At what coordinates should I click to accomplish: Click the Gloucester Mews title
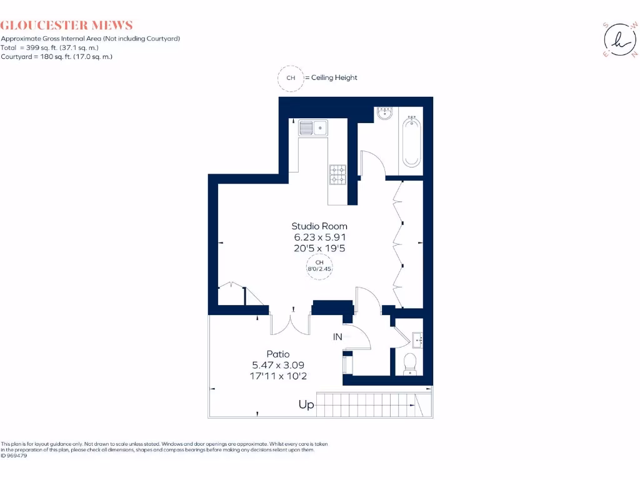point(67,26)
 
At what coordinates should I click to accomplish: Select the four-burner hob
point(337,174)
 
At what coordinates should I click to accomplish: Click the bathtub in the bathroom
point(411,142)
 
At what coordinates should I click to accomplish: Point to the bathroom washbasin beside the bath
point(385,114)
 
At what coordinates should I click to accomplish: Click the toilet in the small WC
point(411,363)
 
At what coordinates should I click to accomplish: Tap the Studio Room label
point(319,226)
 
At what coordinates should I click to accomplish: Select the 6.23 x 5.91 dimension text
point(319,237)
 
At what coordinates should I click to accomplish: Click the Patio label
point(278,354)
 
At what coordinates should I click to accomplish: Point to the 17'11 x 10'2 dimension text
point(278,376)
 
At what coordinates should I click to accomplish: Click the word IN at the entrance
point(337,337)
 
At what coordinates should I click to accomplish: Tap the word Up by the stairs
point(306,405)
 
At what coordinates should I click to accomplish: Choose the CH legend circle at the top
point(290,78)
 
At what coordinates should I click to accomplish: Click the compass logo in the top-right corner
point(619,39)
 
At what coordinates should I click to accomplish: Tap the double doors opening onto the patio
point(291,322)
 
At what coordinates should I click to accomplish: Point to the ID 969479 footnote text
point(14,456)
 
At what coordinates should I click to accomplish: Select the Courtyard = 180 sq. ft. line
point(56,56)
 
